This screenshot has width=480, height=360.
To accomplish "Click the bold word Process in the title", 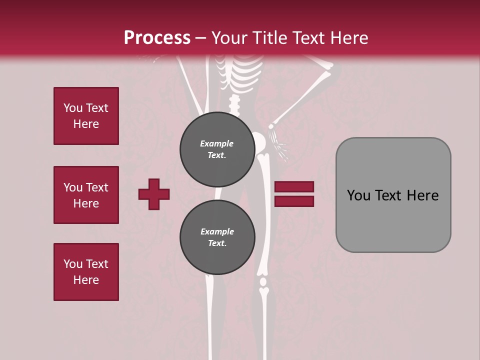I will pyautogui.click(x=157, y=37).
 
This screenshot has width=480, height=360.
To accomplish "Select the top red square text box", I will pyautogui.click(x=86, y=116).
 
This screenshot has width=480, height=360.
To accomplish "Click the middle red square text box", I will pyautogui.click(x=86, y=195).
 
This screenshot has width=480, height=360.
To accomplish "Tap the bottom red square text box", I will pyautogui.click(x=86, y=272).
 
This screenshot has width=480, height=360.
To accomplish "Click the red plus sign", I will pyautogui.click(x=154, y=194).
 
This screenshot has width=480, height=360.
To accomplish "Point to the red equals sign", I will pyautogui.click(x=294, y=194).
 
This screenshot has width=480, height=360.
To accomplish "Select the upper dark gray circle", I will pyautogui.click(x=217, y=149).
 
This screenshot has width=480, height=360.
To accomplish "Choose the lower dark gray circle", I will pyautogui.click(x=217, y=237).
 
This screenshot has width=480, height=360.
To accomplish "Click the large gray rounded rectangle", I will pyautogui.click(x=393, y=195).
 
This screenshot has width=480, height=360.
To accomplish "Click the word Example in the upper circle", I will pyautogui.click(x=216, y=143).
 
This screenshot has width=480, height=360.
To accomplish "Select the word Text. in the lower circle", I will pyautogui.click(x=217, y=243).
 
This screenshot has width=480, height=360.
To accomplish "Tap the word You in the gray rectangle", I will pyautogui.click(x=359, y=195).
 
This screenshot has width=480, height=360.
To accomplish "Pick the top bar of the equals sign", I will pyautogui.click(x=294, y=187).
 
